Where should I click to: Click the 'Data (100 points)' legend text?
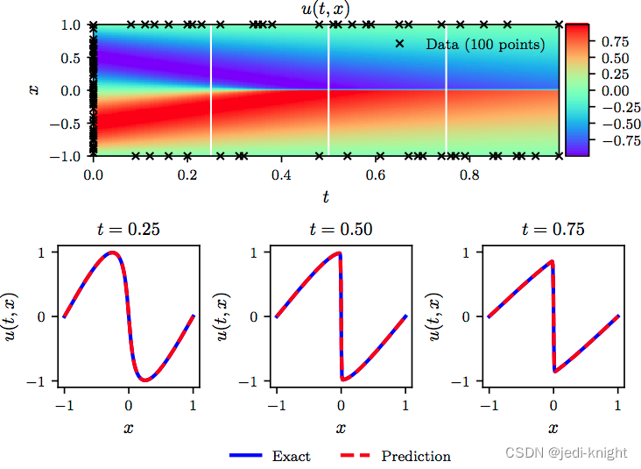[485, 44]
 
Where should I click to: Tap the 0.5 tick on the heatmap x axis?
[71, 57]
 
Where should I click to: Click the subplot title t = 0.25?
[128, 231]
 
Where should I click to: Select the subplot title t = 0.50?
[341, 231]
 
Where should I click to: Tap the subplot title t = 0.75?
[553, 231]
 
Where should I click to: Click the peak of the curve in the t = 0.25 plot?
[112, 252]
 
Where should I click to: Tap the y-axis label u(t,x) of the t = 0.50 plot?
[222, 316]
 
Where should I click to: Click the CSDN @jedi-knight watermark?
[567, 452]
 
